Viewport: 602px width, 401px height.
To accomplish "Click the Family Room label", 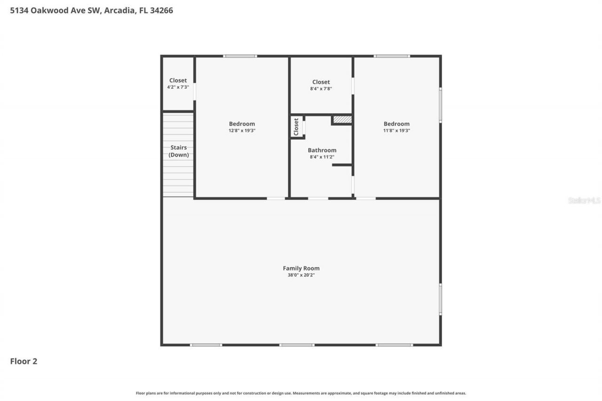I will click(301, 268).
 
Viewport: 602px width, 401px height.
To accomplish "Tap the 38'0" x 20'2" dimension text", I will click(301, 275).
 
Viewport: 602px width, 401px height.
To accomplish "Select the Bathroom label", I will click(322, 150).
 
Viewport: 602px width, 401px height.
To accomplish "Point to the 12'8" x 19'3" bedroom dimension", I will click(242, 131).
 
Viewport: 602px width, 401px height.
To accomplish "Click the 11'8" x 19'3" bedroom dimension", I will click(396, 131).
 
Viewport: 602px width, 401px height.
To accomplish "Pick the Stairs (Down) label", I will click(179, 151).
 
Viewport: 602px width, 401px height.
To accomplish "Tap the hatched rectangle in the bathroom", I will click(342, 120).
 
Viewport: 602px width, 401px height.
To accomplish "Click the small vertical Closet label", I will click(296, 127).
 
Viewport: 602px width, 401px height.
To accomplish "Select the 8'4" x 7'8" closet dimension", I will click(321, 88).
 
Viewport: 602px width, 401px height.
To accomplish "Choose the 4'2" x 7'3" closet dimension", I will click(178, 87).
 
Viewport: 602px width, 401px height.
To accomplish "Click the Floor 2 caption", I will click(24, 361).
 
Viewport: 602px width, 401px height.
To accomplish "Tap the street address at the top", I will click(92, 10).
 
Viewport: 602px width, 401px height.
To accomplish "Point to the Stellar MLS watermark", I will click(584, 200).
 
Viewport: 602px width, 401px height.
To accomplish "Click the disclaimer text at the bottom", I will click(301, 393).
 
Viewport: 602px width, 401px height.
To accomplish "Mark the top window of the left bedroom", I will click(240, 56).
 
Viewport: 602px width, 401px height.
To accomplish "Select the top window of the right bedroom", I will click(392, 56).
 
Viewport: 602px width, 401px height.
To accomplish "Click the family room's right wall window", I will click(440, 299).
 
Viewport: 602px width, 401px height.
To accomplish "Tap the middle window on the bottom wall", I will click(297, 345).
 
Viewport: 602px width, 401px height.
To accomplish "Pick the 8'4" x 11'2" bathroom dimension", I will click(322, 157).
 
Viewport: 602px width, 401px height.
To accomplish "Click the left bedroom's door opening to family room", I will click(276, 198).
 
